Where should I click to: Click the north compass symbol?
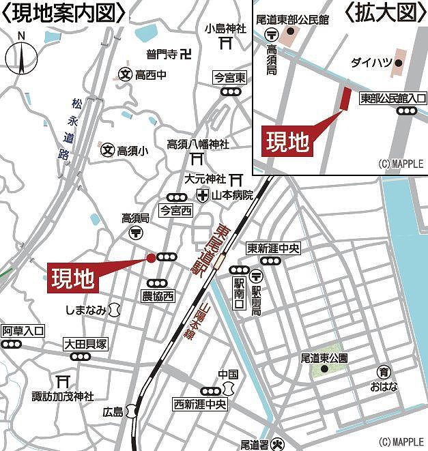(x=21, y=55)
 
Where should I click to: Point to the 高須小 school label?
(x=132, y=149)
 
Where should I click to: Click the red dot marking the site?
(x=151, y=257)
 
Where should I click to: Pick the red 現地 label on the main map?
(x=72, y=278)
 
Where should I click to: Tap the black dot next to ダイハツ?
(x=399, y=63)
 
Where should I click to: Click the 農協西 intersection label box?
(x=158, y=296)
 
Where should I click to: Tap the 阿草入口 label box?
(x=23, y=330)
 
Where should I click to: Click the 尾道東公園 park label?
(x=324, y=358)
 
